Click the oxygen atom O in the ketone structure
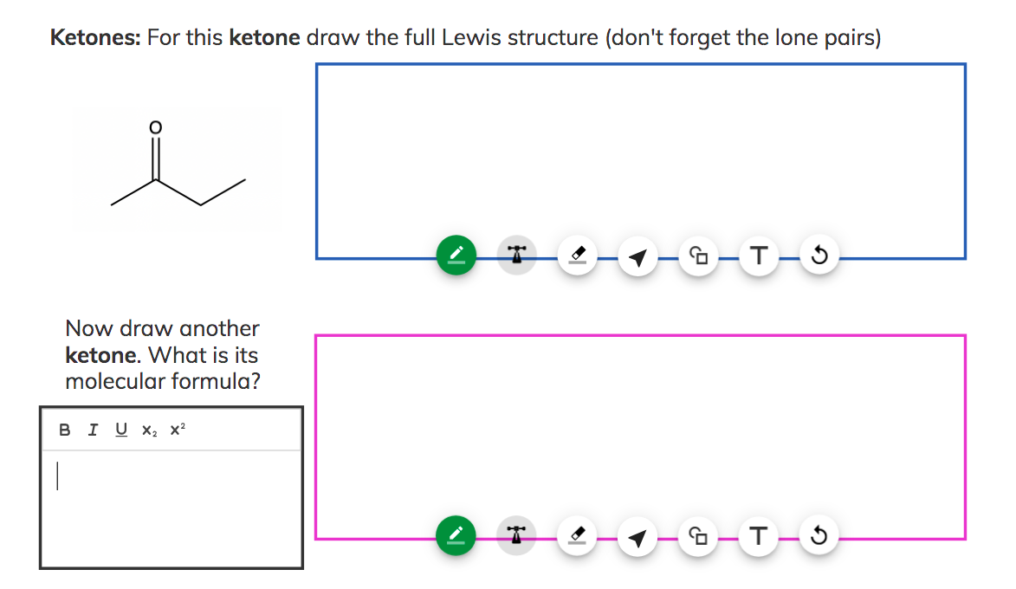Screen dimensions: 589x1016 coord(155,127)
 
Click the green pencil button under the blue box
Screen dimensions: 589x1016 coord(456,256)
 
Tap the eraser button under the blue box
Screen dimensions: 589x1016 coord(577,256)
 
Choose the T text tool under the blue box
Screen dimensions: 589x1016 coord(759,256)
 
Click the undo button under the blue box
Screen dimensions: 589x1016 coord(819,256)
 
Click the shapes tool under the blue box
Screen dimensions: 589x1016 coord(698,256)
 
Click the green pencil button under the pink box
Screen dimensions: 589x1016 coord(456,538)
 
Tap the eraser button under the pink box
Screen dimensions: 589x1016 coord(577,538)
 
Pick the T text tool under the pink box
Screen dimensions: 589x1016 coord(759,538)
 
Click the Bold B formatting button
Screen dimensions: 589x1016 coord(64,430)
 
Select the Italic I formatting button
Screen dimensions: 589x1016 coord(93,430)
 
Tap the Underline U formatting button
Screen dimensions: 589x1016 coord(120,430)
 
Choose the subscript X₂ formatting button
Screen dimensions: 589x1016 coord(149,430)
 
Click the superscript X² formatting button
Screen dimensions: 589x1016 coord(178,430)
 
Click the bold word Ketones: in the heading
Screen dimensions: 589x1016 coord(95,38)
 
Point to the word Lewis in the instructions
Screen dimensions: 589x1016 coord(476,38)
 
